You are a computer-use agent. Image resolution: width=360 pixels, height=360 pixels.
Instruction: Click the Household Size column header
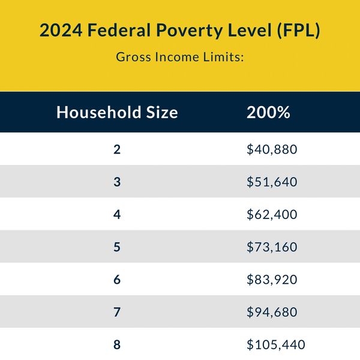coord(117,112)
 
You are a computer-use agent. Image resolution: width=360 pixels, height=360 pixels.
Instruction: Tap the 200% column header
coord(268,112)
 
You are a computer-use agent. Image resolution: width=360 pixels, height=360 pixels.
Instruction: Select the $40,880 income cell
coord(272,149)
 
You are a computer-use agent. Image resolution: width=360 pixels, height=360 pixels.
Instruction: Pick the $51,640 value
coord(272,182)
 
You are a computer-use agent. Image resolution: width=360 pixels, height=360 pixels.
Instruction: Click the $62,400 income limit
coord(272,214)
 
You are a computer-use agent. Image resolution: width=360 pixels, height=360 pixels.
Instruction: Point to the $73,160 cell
coord(272,247)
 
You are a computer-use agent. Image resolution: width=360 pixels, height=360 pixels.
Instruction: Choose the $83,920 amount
coord(272,280)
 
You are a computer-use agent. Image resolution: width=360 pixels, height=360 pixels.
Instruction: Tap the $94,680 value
coord(272,312)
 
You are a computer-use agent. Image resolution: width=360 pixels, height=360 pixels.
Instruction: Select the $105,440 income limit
coord(276,345)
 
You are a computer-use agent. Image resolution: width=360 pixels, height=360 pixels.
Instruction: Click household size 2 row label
coord(117,149)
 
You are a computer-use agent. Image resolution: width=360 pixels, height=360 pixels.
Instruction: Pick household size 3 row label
coord(117,182)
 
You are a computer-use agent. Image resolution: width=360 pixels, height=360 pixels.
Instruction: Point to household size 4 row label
coord(117,214)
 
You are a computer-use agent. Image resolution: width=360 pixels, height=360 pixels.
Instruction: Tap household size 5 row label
coord(117,247)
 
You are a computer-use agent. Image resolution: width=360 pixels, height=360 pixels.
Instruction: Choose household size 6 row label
coord(117,280)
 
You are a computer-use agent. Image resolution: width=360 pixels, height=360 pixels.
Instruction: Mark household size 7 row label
coord(117,312)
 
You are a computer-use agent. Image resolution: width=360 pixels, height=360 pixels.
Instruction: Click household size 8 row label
coord(117,345)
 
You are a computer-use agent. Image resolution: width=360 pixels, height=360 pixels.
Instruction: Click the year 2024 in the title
coord(61,30)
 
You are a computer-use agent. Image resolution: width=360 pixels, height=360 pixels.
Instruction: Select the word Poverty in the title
coord(189,31)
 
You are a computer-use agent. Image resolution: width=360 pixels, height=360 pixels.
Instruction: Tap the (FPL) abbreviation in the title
coord(298,31)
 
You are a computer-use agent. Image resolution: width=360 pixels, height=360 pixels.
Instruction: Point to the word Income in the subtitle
coord(177,57)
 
